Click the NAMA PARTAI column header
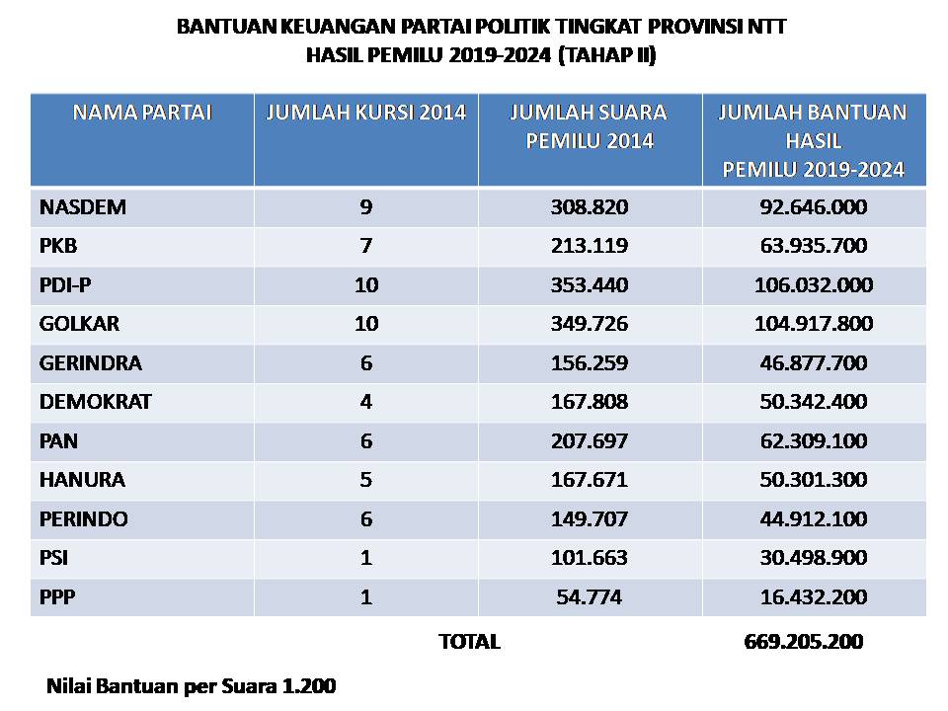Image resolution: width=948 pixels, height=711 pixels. [142, 113]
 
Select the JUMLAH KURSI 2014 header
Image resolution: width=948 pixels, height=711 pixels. [366, 113]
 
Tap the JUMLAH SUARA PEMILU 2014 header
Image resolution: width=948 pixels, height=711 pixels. [590, 126]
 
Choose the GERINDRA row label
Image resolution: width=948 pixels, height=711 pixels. [91, 363]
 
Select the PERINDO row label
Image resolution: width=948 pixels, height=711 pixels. [84, 519]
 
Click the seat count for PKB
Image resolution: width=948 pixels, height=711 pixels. [366, 247]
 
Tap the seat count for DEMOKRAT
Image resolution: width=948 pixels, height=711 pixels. [366, 403]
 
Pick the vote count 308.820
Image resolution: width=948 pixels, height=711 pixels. [590, 207]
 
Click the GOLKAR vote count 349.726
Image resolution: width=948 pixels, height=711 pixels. [590, 325]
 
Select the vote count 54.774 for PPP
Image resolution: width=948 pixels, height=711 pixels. [590, 597]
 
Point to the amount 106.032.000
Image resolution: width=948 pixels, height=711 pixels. [814, 285]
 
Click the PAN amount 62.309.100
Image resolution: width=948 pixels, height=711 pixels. [814, 441]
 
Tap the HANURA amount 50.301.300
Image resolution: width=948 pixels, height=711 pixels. [814, 481]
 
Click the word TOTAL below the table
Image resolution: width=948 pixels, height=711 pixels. [469, 642]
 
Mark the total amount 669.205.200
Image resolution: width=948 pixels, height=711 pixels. [803, 642]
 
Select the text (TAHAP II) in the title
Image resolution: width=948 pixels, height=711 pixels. [606, 56]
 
